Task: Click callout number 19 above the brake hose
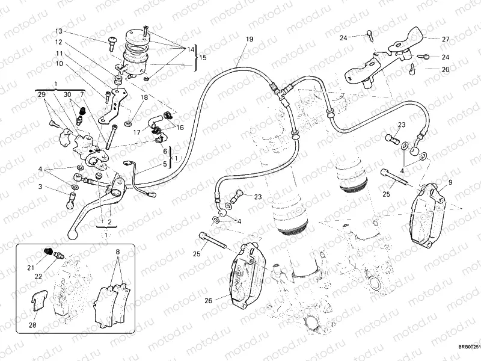tap(249, 39)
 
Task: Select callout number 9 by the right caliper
tap(450, 182)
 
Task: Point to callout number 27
tap(446, 39)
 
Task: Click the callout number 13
tap(59, 31)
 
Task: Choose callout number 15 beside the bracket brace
tap(203, 58)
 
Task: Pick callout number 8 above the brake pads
tap(118, 251)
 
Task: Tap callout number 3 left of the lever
tap(41, 187)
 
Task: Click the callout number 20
tap(446, 69)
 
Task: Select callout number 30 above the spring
tap(67, 95)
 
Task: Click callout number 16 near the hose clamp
tap(180, 128)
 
